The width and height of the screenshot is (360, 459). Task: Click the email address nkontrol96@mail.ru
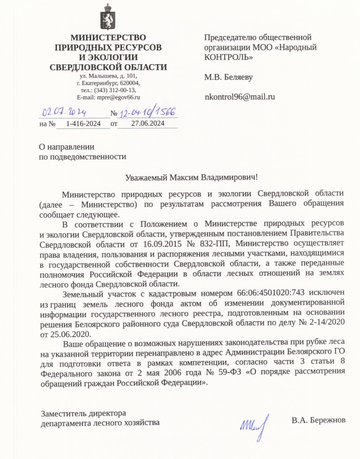click(x=240, y=97)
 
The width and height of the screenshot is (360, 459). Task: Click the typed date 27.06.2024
click(x=148, y=124)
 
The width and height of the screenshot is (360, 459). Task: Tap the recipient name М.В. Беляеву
click(x=229, y=77)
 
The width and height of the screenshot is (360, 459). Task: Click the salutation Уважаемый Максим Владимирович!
click(x=191, y=177)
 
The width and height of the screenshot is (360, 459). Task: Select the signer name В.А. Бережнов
click(x=318, y=421)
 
